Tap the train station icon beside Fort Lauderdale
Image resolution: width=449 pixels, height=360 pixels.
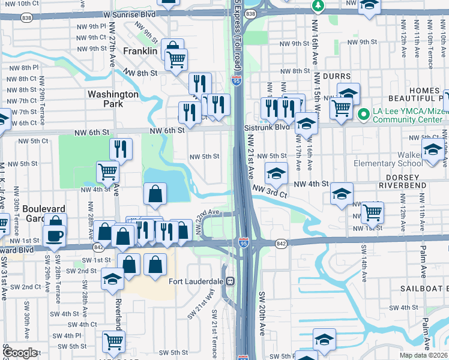tap(229, 281)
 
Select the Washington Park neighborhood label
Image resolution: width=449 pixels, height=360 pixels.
tap(113, 99)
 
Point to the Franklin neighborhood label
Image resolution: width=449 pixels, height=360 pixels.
tap(140, 52)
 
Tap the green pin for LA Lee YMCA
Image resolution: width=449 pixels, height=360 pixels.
tap(363, 113)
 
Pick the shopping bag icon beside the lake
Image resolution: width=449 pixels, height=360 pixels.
tap(155, 193)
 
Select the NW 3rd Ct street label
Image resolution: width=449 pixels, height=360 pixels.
tap(270, 191)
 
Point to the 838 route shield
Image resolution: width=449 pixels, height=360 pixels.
tap(251, 13)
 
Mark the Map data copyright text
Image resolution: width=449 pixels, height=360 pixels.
tap(423, 355)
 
